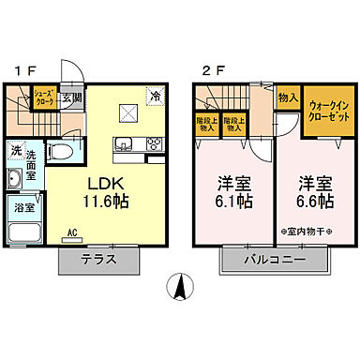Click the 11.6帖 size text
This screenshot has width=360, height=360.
[109, 201]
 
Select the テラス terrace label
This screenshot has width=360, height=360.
[98, 260]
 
